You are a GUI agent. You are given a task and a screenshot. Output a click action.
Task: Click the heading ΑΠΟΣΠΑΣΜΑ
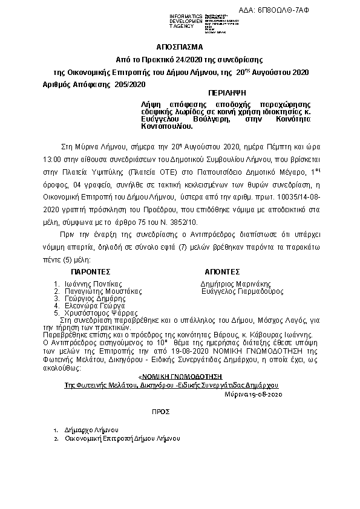pos(180,47)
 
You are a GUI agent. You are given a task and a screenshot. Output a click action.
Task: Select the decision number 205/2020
pos(130,84)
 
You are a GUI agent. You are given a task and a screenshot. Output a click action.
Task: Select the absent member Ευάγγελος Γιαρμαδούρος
pos(242,291)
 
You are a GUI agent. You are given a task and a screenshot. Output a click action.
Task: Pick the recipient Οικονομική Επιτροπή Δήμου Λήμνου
pos(122,439)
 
